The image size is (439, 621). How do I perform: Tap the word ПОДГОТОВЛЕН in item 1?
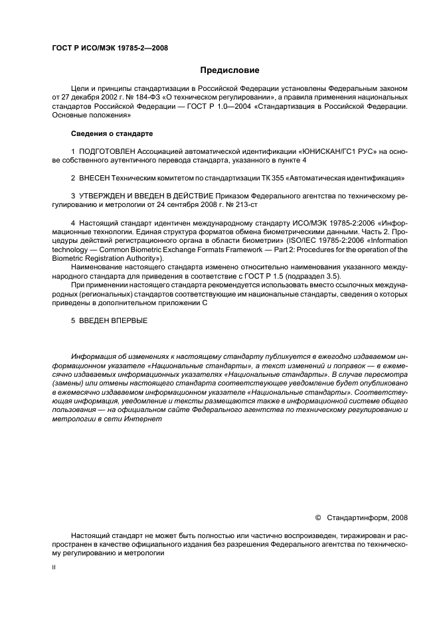tap(107, 152)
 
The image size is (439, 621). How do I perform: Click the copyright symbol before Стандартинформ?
tap(317, 516)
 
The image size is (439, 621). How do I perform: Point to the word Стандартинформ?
tap(359, 516)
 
